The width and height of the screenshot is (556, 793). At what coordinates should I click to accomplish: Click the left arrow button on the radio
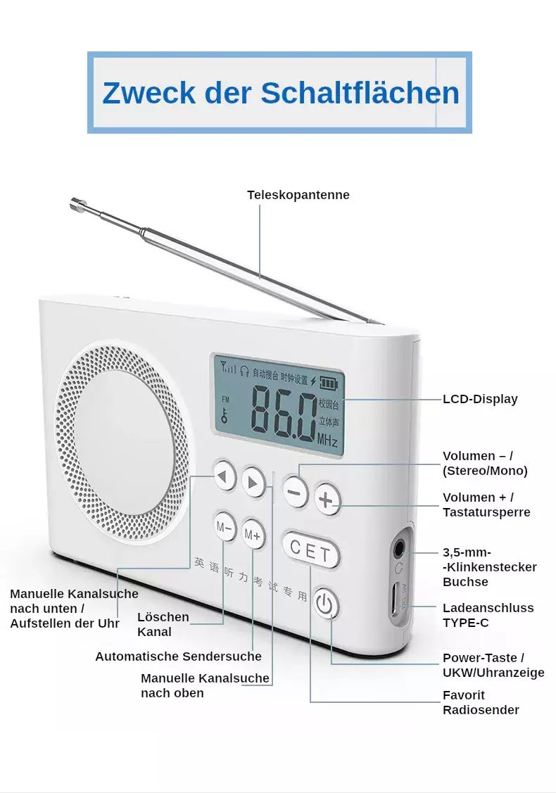click(225, 476)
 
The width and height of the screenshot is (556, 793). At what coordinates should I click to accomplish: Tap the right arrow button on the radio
click(253, 483)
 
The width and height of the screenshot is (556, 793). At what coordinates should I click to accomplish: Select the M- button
click(224, 527)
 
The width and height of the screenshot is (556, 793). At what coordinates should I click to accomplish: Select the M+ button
click(253, 534)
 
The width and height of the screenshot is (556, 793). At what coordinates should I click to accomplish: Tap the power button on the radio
click(326, 603)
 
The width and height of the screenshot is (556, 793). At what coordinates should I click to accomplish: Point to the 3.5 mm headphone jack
click(399, 547)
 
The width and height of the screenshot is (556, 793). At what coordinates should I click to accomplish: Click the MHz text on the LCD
click(327, 440)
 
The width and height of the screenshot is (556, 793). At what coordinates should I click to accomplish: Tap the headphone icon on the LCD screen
click(244, 372)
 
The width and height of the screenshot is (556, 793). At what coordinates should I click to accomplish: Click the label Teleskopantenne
click(298, 195)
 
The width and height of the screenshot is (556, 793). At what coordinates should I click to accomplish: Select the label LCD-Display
click(480, 399)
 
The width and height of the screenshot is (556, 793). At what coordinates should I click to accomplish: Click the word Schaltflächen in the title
click(360, 93)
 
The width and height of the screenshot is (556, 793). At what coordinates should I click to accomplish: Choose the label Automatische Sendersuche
click(179, 656)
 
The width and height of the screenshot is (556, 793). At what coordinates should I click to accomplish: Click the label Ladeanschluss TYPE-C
click(488, 615)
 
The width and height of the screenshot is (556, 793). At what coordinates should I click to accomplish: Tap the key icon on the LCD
click(224, 416)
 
